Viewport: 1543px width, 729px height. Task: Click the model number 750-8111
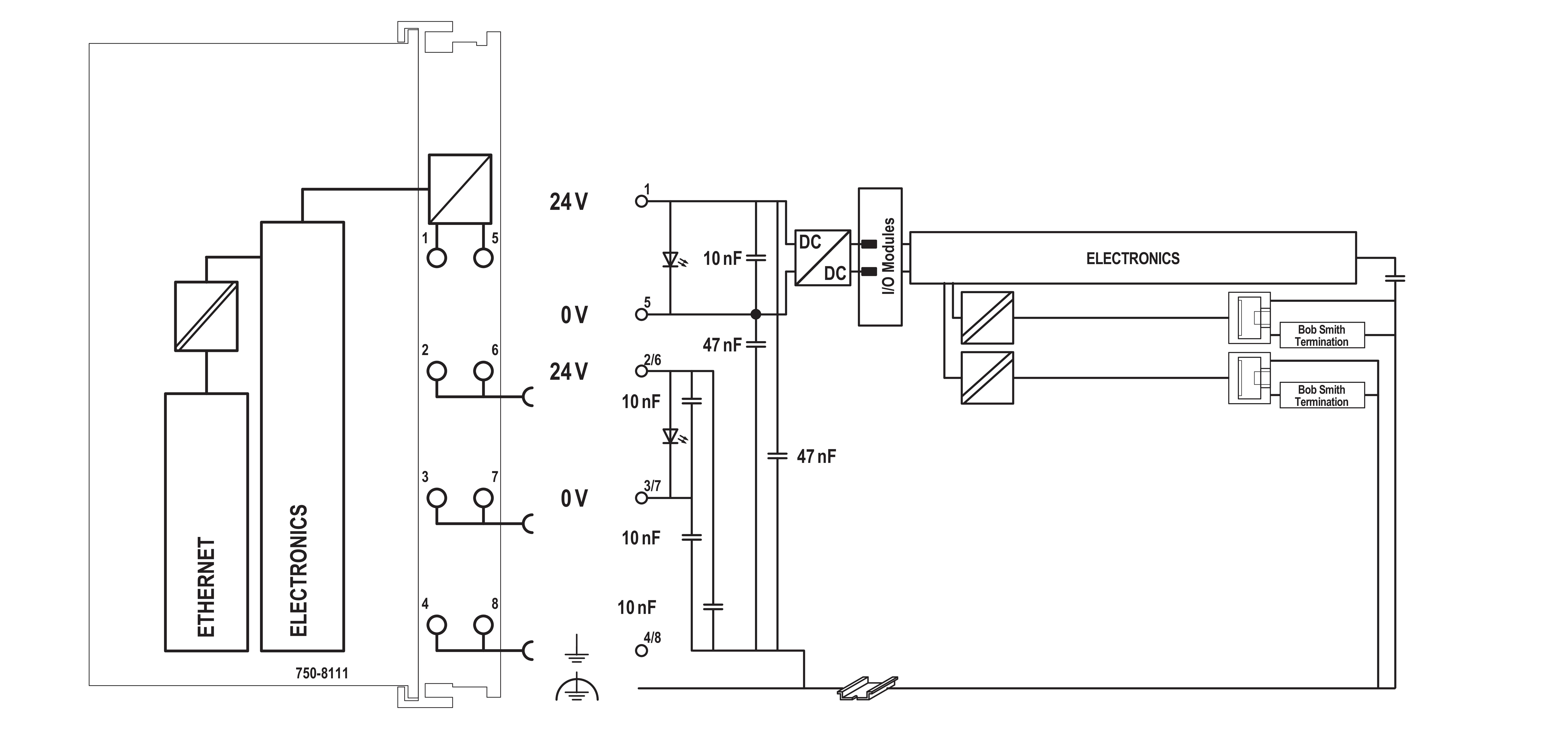(322, 673)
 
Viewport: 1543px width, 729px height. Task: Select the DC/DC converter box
(822, 258)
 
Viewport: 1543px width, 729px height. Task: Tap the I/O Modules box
(880, 256)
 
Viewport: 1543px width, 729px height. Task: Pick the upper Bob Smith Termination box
(1322, 335)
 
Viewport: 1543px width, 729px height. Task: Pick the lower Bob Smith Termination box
(1322, 395)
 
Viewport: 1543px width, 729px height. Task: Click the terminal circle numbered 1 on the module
(437, 258)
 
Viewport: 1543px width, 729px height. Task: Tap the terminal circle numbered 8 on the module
(483, 625)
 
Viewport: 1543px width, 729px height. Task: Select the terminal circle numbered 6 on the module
(483, 371)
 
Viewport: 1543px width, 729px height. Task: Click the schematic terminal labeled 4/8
(642, 651)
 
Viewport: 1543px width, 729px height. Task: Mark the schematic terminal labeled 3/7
(642, 498)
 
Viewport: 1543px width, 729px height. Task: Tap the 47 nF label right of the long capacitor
(816, 457)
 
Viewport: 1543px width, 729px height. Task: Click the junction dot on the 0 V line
(756, 314)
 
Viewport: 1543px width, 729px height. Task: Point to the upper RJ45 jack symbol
(1249, 317)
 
